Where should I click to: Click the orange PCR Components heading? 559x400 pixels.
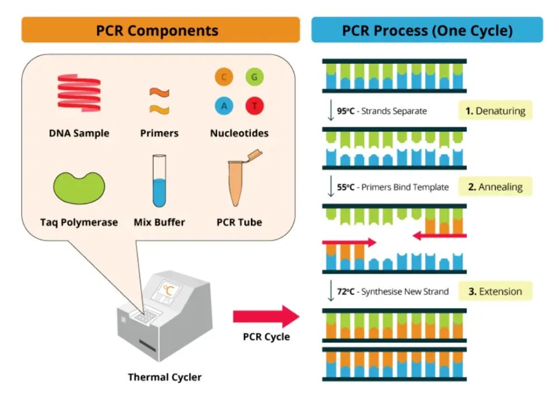(x=160, y=30)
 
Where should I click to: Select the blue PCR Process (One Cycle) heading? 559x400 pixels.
(x=427, y=30)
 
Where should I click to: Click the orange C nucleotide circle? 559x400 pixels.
(x=224, y=78)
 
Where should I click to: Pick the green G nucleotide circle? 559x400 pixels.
(x=254, y=78)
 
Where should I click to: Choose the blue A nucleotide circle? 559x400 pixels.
(x=224, y=106)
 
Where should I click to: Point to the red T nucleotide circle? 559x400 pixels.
(x=254, y=106)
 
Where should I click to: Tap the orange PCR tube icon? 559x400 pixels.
(x=239, y=179)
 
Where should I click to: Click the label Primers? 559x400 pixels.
(x=159, y=134)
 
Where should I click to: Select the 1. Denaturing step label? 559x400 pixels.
(x=495, y=111)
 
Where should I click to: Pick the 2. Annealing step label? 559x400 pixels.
(x=495, y=187)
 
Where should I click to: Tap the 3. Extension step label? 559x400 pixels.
(x=495, y=291)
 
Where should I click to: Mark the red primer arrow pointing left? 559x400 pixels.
(x=439, y=236)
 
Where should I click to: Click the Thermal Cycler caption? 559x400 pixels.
(x=164, y=377)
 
